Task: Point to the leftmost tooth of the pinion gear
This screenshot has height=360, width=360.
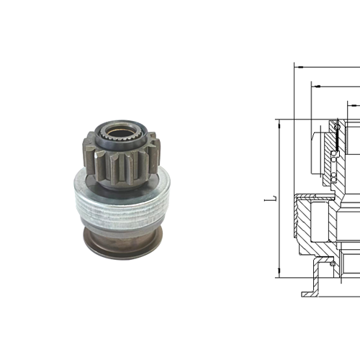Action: [89, 151]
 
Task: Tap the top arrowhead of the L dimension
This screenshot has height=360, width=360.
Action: [279, 122]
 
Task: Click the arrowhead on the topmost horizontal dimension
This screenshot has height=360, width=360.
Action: [297, 65]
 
